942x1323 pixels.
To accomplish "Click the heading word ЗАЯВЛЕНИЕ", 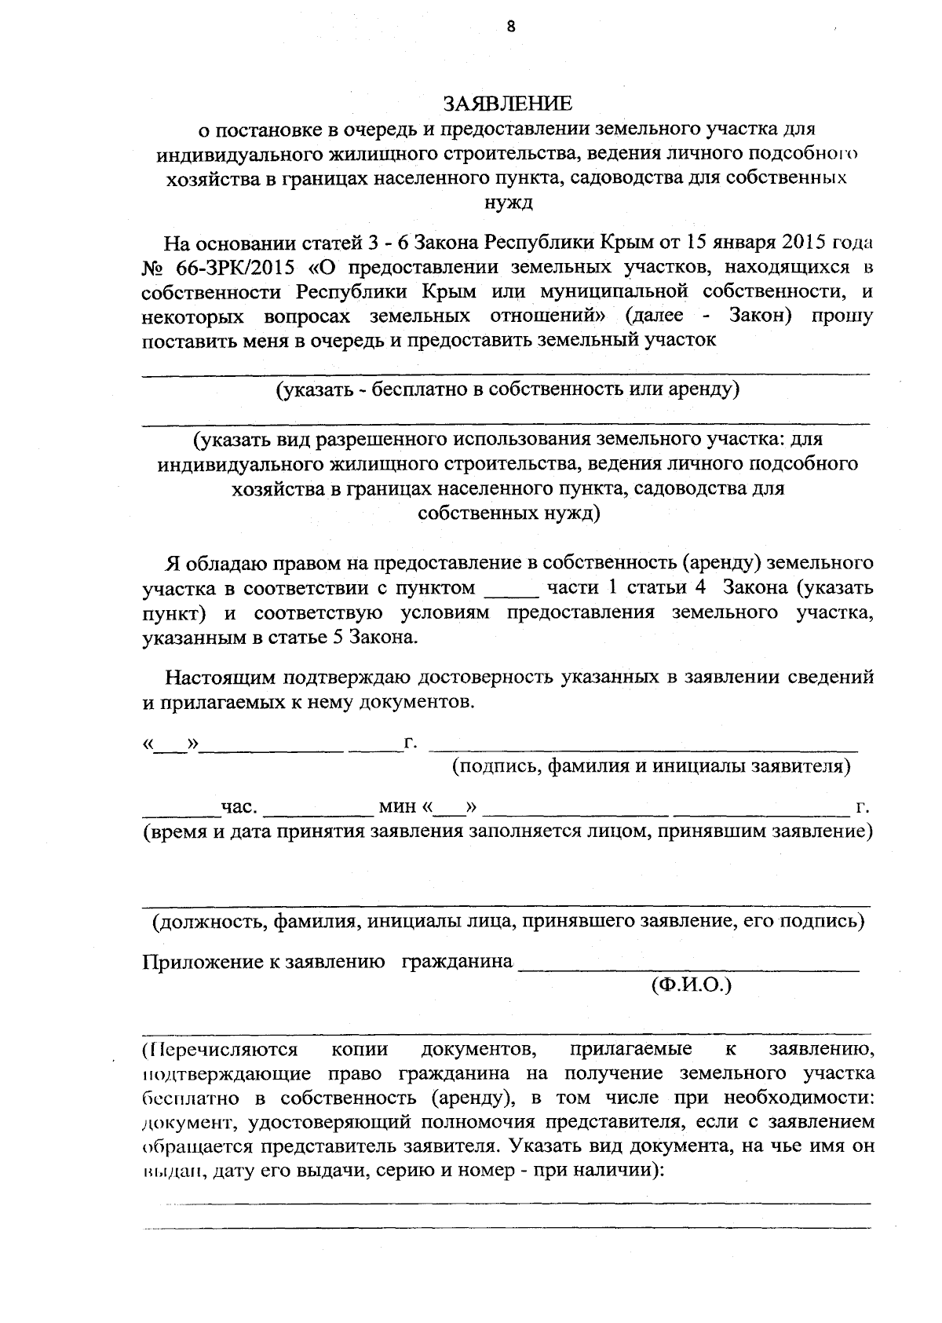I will pos(507,104).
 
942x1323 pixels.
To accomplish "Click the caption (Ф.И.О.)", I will pos(691,985).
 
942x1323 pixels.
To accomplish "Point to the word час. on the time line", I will pos(239,806).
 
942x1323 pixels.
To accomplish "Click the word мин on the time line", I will pos(397,806).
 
